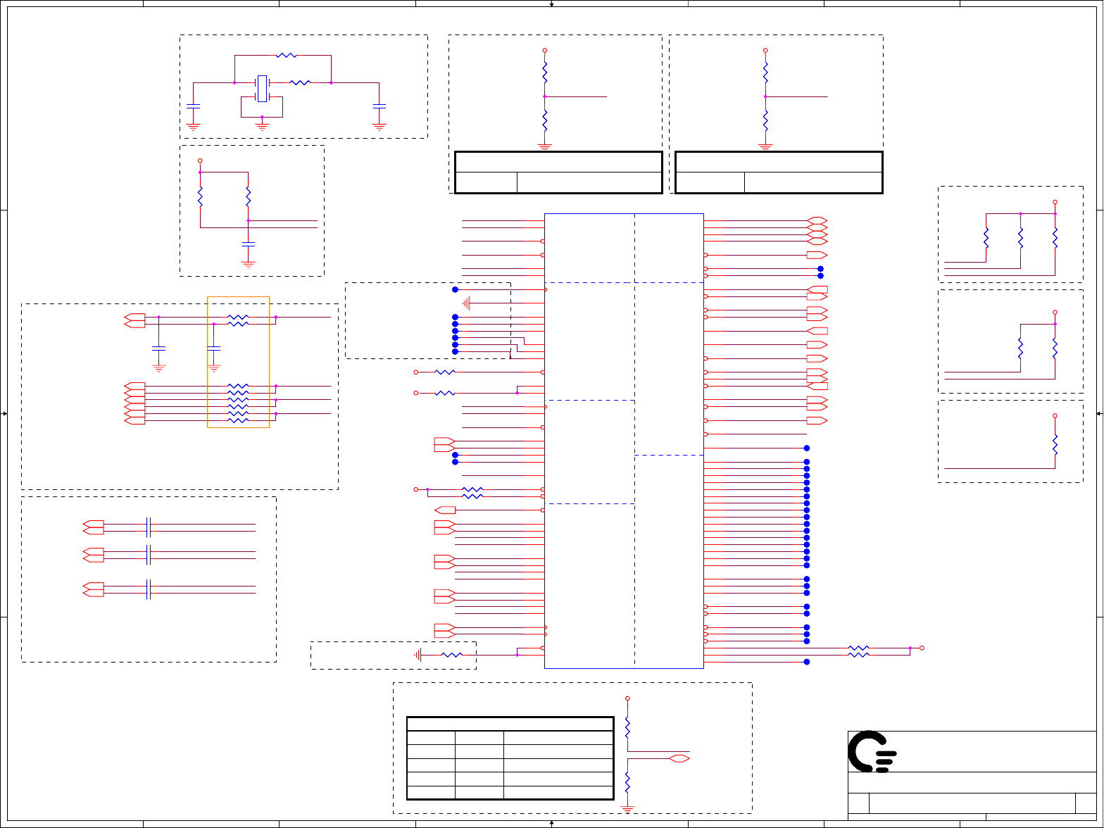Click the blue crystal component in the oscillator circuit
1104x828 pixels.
click(x=262, y=89)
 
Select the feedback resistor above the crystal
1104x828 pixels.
click(x=286, y=55)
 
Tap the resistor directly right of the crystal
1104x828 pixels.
click(x=300, y=82)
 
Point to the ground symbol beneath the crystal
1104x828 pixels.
click(x=262, y=126)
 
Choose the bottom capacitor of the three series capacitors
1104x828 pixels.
click(x=148, y=589)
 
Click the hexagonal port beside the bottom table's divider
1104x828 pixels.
click(x=679, y=758)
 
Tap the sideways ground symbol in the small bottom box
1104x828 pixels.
click(x=418, y=655)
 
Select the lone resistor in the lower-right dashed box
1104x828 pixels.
click(x=1055, y=444)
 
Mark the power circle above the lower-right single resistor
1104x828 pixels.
click(x=1055, y=416)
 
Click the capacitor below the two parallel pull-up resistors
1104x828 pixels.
click(x=248, y=244)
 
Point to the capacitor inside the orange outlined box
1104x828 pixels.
click(x=215, y=348)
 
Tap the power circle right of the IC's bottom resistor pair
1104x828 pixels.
click(x=922, y=648)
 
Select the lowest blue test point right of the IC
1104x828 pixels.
click(x=807, y=662)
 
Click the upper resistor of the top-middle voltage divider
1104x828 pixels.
click(x=544, y=70)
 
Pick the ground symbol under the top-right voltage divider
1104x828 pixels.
click(x=765, y=147)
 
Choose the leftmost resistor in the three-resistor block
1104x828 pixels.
click(x=986, y=237)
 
